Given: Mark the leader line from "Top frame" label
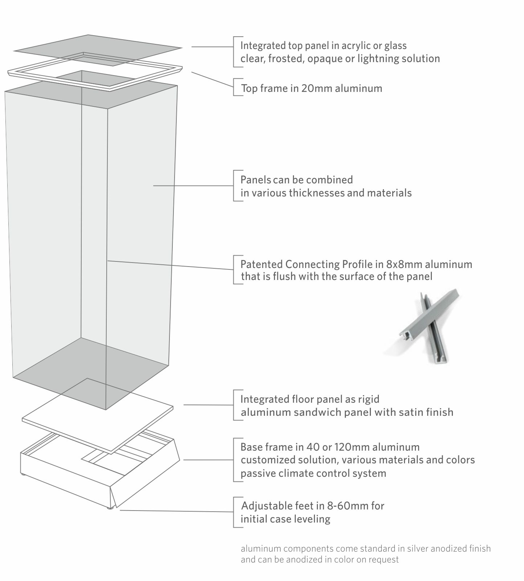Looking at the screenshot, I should pos(212,79).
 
